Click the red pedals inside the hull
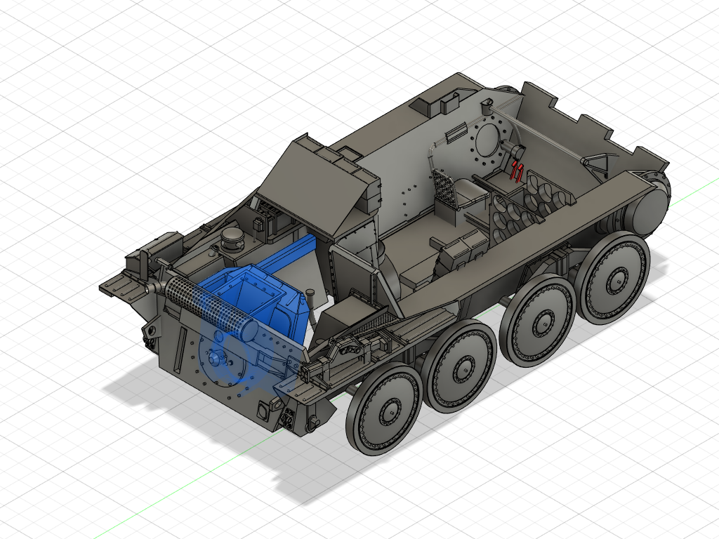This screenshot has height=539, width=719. tap(517, 171)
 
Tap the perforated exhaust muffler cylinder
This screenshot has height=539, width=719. tap(207, 305)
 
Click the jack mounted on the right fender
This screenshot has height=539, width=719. tap(358, 344)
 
